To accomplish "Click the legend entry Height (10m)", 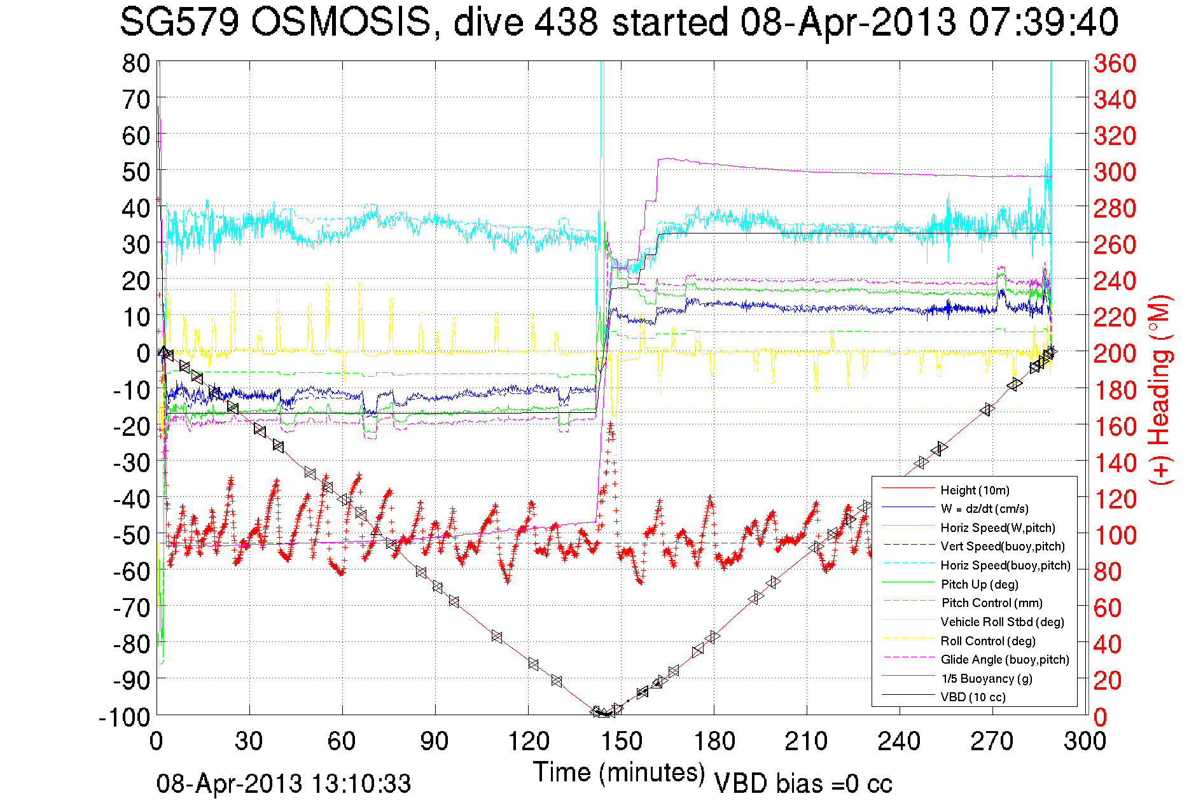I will click(x=975, y=490).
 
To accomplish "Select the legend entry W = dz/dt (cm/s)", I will click(x=984, y=508).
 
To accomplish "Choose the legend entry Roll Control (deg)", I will click(x=988, y=641).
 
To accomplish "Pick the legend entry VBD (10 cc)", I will click(x=973, y=697).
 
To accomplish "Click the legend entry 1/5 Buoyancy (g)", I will click(x=987, y=678).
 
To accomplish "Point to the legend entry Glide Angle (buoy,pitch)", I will click(x=1005, y=659).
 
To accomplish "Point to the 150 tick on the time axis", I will click(x=621, y=741).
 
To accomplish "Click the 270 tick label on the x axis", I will click(x=992, y=741).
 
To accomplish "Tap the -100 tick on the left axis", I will click(x=125, y=717).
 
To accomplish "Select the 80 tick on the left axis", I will click(x=136, y=63).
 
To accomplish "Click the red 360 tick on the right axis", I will click(x=1115, y=63).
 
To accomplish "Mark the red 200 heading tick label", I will click(x=1115, y=353).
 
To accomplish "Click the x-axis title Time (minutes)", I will click(x=619, y=772).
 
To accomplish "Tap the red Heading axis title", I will click(x=1160, y=389).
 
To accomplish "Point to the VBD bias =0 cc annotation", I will click(x=803, y=784).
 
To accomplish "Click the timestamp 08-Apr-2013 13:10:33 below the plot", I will click(x=284, y=784).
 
